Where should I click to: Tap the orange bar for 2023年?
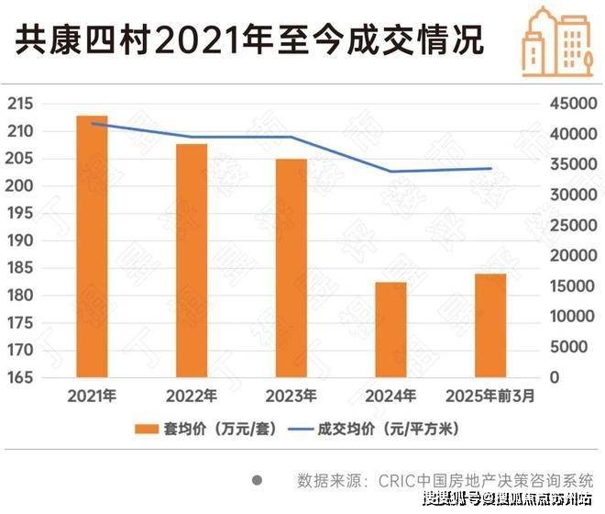pos(291,267)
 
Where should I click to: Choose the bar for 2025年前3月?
pos(491,325)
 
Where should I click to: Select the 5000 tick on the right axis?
pos(571,347)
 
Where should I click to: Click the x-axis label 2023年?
pos(291,397)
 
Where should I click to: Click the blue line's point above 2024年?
pos(391,172)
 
